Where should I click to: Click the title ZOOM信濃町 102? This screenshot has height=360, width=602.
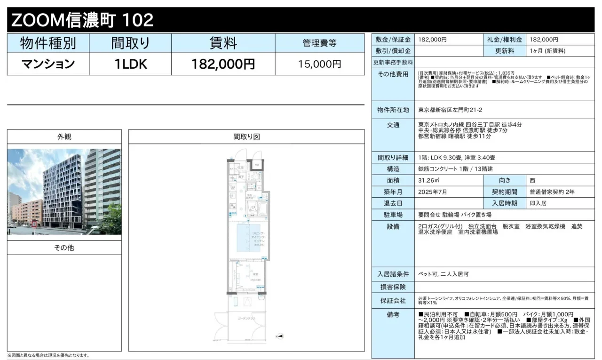pos(82,20)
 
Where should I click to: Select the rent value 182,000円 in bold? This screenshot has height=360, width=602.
pos(223,64)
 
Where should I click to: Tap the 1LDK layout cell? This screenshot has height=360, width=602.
pos(131,64)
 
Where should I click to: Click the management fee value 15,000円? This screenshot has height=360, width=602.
pos(320,64)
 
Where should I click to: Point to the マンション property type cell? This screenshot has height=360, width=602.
pos(48,64)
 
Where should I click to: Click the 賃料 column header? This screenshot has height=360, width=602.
pos(223,43)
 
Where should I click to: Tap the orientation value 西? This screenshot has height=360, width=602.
pos(532,180)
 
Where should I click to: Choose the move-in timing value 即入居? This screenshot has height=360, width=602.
pos(538,203)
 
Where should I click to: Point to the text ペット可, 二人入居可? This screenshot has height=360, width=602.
pos(443,274)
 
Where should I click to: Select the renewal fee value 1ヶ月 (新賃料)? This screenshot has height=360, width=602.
pos(547,51)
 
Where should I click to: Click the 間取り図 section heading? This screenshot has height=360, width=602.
pos(246,137)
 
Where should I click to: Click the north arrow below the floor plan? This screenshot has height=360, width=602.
pos(279,336)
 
